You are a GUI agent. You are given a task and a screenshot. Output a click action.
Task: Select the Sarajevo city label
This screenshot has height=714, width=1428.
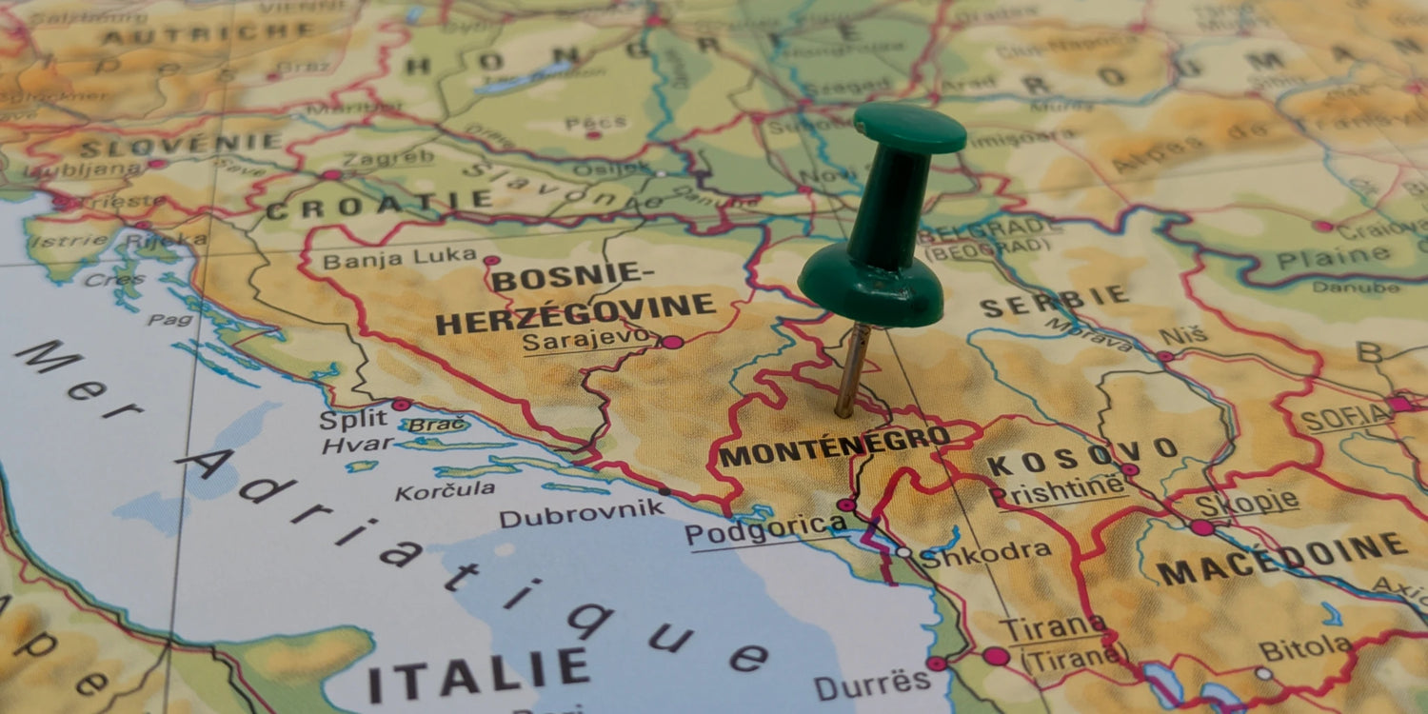click(x=588, y=340)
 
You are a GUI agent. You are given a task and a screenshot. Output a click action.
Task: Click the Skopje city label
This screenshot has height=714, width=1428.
click(x=1248, y=503)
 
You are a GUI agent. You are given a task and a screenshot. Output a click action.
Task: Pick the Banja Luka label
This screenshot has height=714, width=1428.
click(x=399, y=257)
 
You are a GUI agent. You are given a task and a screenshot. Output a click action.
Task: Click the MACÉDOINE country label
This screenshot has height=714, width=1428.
click(x=1281, y=560)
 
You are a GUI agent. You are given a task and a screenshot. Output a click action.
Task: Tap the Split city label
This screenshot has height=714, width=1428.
click(x=353, y=419)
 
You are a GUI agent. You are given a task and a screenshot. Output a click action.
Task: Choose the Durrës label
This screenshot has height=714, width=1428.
click(x=872, y=683)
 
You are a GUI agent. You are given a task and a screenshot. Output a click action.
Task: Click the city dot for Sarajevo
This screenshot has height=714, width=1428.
click(x=672, y=342)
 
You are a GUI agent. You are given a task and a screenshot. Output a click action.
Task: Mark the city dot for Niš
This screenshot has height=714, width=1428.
click(x=1165, y=356)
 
